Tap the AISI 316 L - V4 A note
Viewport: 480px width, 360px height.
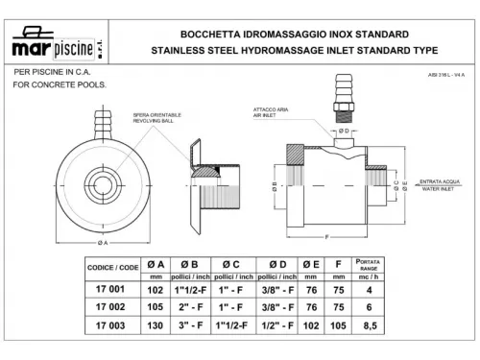(446, 74)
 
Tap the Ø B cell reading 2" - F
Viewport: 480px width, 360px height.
(203, 307)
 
